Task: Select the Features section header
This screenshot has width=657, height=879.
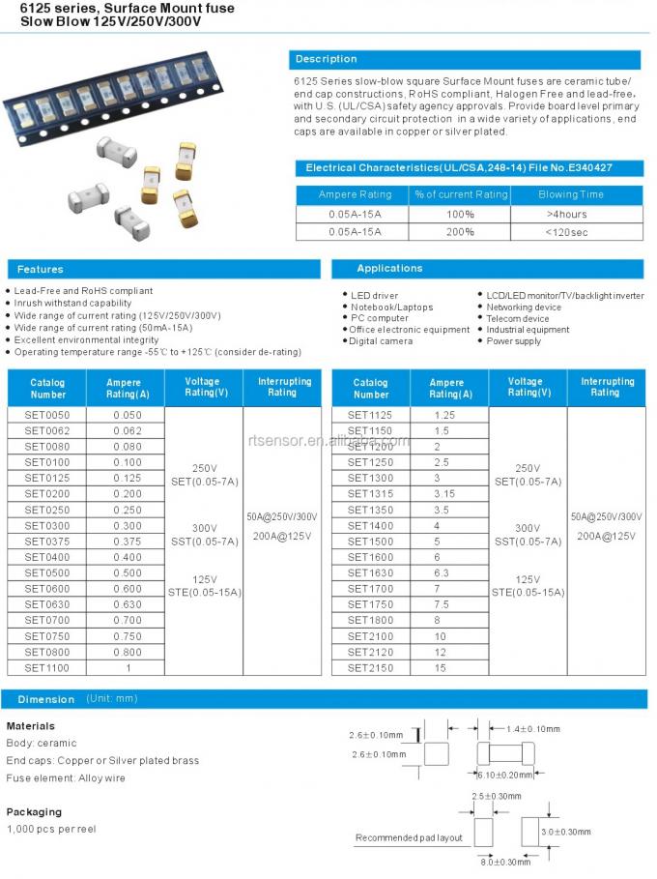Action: coord(163,269)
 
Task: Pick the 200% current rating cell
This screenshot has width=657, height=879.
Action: coord(460,231)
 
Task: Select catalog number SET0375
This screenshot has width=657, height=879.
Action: coord(47,542)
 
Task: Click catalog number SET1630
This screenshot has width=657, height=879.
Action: coord(370,572)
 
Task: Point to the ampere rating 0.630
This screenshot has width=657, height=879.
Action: coord(127,604)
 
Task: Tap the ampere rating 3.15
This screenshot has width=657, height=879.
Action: coord(443,493)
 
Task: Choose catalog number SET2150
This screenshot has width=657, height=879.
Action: coord(370,667)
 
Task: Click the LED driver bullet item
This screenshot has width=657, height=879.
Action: coord(374,295)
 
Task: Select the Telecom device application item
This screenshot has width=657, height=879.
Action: coord(518,318)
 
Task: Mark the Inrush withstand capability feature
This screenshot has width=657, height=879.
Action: coord(72,303)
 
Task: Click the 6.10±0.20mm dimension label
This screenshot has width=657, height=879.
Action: coord(505,774)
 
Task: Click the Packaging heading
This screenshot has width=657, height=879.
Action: coord(34,811)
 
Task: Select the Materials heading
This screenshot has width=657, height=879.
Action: coord(31,725)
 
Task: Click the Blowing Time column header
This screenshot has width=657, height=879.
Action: coord(570,194)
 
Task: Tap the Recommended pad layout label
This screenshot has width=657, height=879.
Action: coord(409,837)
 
